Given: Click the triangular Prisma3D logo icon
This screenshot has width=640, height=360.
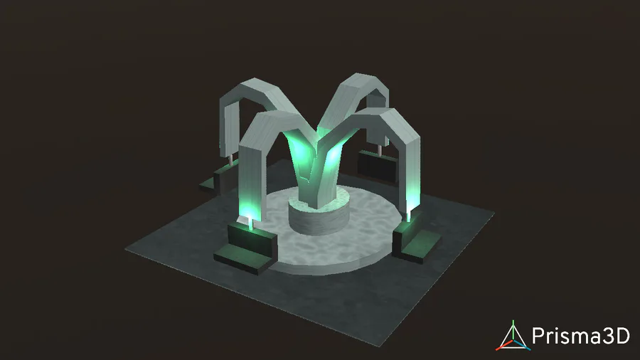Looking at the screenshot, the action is (x=513, y=337).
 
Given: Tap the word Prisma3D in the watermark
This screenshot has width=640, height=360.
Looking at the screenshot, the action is (x=581, y=336).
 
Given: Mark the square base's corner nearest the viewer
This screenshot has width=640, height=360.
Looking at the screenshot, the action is (x=382, y=346).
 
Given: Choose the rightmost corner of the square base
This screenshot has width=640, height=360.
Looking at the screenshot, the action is (x=494, y=212).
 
